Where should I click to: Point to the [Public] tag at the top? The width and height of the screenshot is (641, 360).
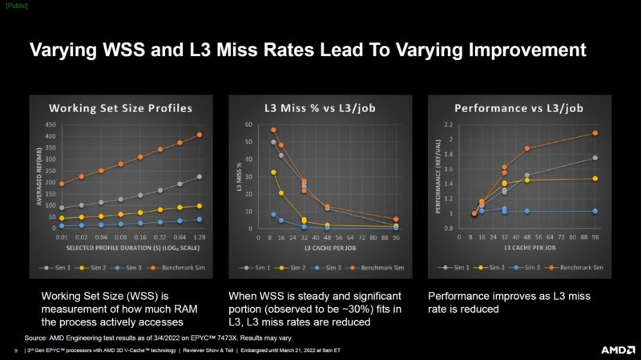tap(15, 6)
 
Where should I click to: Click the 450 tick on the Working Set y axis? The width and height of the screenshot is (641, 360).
tap(50, 125)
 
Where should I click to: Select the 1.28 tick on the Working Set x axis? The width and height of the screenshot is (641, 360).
tap(199, 238)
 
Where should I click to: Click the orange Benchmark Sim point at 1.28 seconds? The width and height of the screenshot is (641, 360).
tap(200, 135)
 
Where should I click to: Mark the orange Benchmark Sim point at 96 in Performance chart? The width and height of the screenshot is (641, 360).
tap(595, 133)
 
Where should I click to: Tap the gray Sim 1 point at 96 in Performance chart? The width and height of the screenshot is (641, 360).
tap(595, 158)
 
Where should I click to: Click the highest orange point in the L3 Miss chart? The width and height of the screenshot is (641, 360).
tap(273, 130)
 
